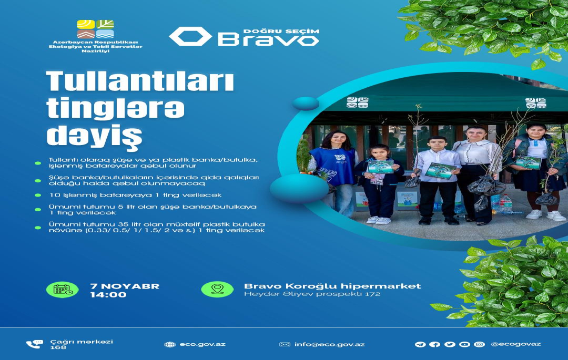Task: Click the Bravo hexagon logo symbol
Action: coord(190,37)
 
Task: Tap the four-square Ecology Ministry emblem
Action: coord(95,29)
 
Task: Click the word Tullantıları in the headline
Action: coord(140,81)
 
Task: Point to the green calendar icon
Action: coord(62,290)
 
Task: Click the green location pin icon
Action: coord(217,290)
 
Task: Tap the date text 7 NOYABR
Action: coord(125,286)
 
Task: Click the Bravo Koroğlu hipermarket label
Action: coord(332,286)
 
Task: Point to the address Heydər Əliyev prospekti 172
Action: coord(312,294)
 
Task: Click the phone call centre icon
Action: coord(34,344)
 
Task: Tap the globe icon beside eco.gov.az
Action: coord(170,344)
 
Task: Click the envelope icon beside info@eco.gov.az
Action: coord(285,344)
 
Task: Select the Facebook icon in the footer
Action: coord(435,344)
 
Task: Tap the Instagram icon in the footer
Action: coord(479,344)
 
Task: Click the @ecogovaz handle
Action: coord(516,344)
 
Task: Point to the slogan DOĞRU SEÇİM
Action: coord(281,32)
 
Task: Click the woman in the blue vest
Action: coord(334,172)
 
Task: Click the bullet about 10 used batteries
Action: coord(135,195)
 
